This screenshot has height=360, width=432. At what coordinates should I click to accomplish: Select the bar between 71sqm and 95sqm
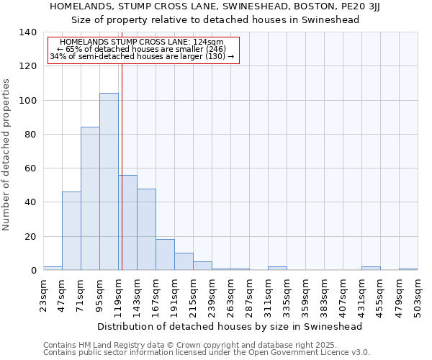click(x=90, y=199)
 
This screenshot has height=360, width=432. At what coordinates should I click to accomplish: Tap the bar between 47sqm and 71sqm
click(x=71, y=230)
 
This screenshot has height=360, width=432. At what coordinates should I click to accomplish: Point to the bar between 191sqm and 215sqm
click(x=184, y=261)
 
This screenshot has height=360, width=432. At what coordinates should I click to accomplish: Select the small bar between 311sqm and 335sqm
click(x=277, y=268)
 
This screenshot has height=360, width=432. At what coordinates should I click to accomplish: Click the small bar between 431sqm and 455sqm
click(x=371, y=268)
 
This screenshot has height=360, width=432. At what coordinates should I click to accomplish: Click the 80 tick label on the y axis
click(x=30, y=135)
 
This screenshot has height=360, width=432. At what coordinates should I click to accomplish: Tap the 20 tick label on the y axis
click(x=30, y=237)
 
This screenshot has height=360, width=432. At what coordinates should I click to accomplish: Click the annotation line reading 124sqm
click(x=143, y=42)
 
